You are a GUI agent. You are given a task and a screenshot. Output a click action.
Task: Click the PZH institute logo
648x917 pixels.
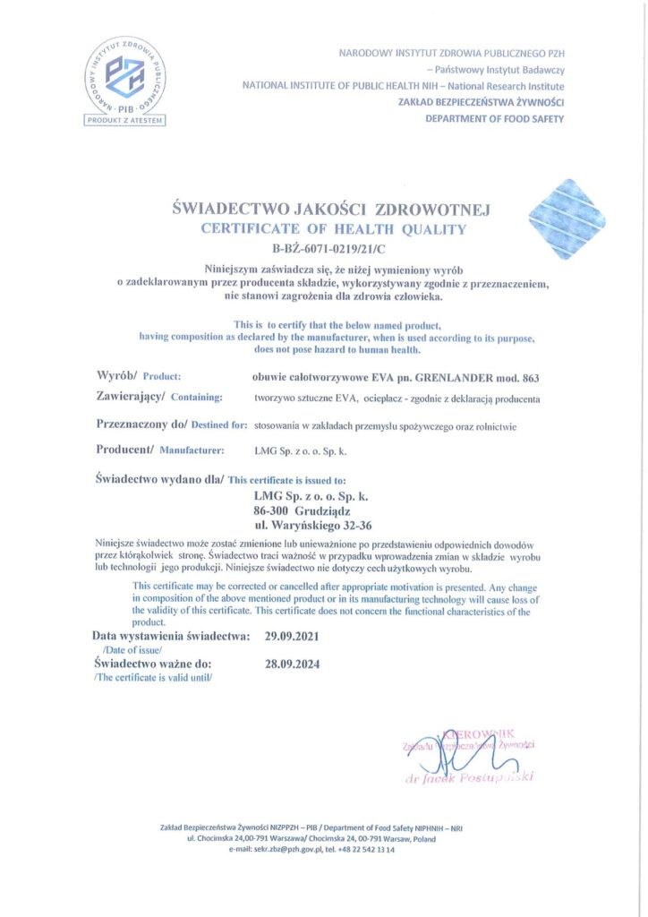[x=127, y=76]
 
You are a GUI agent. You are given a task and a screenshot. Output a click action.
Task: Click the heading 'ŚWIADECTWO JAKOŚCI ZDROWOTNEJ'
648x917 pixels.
[x=331, y=209]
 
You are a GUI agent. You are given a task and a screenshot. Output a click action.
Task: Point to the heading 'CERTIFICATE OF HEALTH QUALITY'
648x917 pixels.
[x=333, y=228]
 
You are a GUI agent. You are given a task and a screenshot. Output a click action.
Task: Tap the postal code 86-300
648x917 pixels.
[x=278, y=510]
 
